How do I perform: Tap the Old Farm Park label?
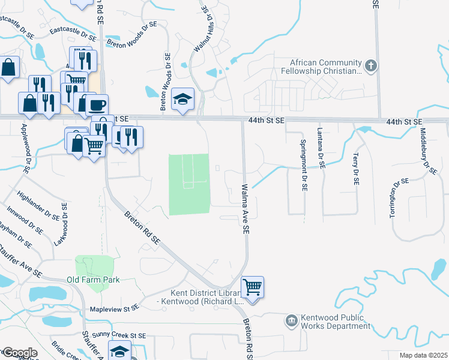93,280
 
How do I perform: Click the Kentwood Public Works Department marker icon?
292,320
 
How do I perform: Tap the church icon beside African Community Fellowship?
372,65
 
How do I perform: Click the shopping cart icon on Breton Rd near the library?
253,287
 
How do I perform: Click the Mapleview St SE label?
114,307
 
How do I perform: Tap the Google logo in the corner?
19,353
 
